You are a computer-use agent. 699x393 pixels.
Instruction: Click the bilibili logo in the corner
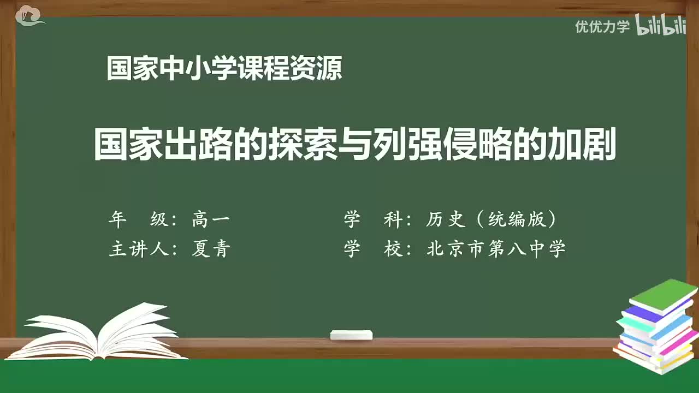click(x=661, y=26)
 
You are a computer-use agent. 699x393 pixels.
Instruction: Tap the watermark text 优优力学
click(x=602, y=26)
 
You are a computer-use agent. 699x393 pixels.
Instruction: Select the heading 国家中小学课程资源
click(x=224, y=69)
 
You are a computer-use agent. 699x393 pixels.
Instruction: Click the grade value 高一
click(x=211, y=219)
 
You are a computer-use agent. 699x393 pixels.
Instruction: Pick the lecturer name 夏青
click(x=211, y=249)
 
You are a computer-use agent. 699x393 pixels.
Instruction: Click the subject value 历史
click(x=446, y=219)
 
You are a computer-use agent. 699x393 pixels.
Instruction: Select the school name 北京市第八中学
click(x=496, y=249)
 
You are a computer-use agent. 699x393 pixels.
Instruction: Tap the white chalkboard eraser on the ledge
click(x=351, y=335)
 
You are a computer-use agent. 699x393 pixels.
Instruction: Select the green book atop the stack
click(x=664, y=294)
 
